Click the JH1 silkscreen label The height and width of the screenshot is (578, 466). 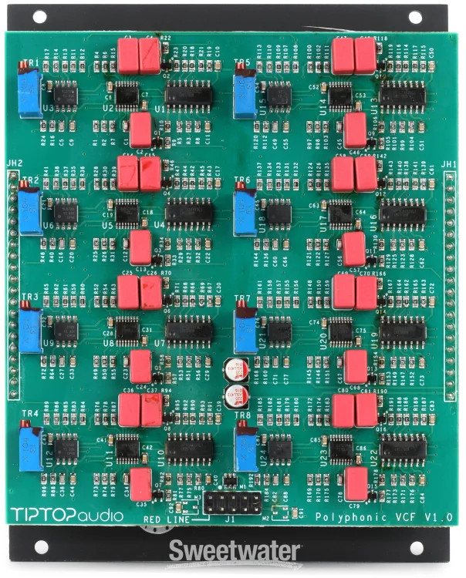pyautogui.click(x=450, y=164)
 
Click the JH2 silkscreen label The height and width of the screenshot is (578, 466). pyautogui.click(x=13, y=163)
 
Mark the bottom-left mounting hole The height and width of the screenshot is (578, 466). pyautogui.click(x=50, y=549)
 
